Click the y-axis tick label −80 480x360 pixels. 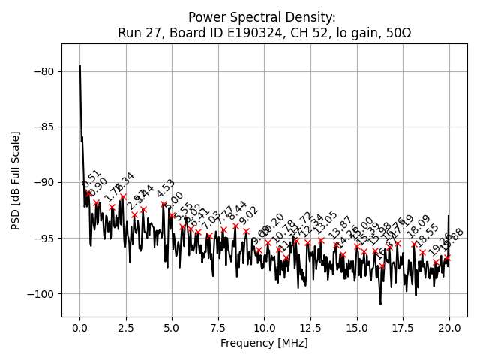pyautogui.click(x=43, y=71)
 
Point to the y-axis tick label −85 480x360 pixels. pyautogui.click(x=43, y=127)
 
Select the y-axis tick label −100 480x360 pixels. pyautogui.click(x=40, y=293)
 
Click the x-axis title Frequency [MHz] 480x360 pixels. pyautogui.click(x=264, y=343)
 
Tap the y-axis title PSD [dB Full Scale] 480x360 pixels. pyautogui.click(x=16, y=180)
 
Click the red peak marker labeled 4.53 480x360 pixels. pyautogui.click(x=163, y=204)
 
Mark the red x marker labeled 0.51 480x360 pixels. pyautogui.click(x=89, y=193)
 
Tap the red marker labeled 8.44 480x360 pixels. pyautogui.click(x=235, y=226)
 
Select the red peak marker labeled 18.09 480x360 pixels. pyautogui.click(x=414, y=244)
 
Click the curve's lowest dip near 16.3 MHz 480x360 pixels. pyautogui.click(x=380, y=304)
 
